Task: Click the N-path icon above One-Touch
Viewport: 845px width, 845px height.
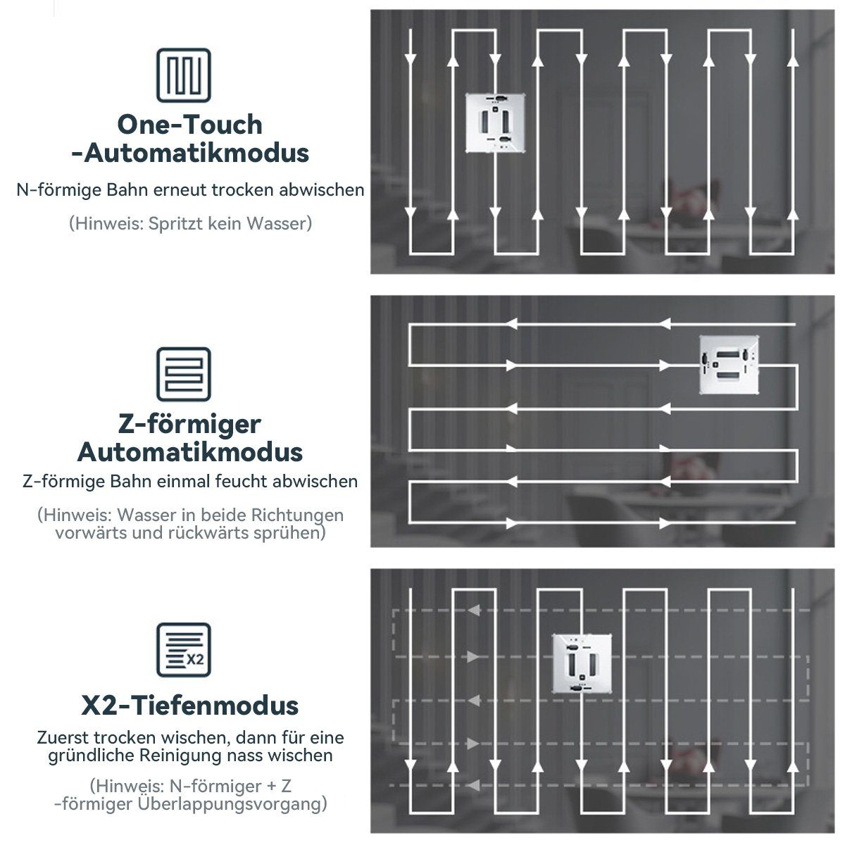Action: pyautogui.click(x=184, y=75)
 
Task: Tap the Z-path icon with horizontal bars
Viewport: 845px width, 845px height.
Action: pyautogui.click(x=184, y=374)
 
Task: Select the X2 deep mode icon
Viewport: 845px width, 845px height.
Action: pyautogui.click(x=184, y=650)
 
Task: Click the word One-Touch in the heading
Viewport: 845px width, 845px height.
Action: pyautogui.click(x=190, y=125)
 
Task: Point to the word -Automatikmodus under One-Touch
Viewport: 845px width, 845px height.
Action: pyautogui.click(x=190, y=153)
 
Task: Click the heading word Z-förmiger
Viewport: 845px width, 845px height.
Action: pyautogui.click(x=190, y=425)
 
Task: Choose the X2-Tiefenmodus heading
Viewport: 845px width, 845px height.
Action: pyautogui.click(x=190, y=706)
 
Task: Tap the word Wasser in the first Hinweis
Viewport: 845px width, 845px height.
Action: pyautogui.click(x=274, y=224)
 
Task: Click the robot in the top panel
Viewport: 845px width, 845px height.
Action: pyautogui.click(x=496, y=123)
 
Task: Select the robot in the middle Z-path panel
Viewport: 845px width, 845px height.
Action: pyautogui.click(x=729, y=365)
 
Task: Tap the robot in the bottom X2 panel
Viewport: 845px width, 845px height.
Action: pyautogui.click(x=582, y=663)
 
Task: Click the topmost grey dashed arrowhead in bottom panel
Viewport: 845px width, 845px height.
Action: pyautogui.click(x=474, y=610)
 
